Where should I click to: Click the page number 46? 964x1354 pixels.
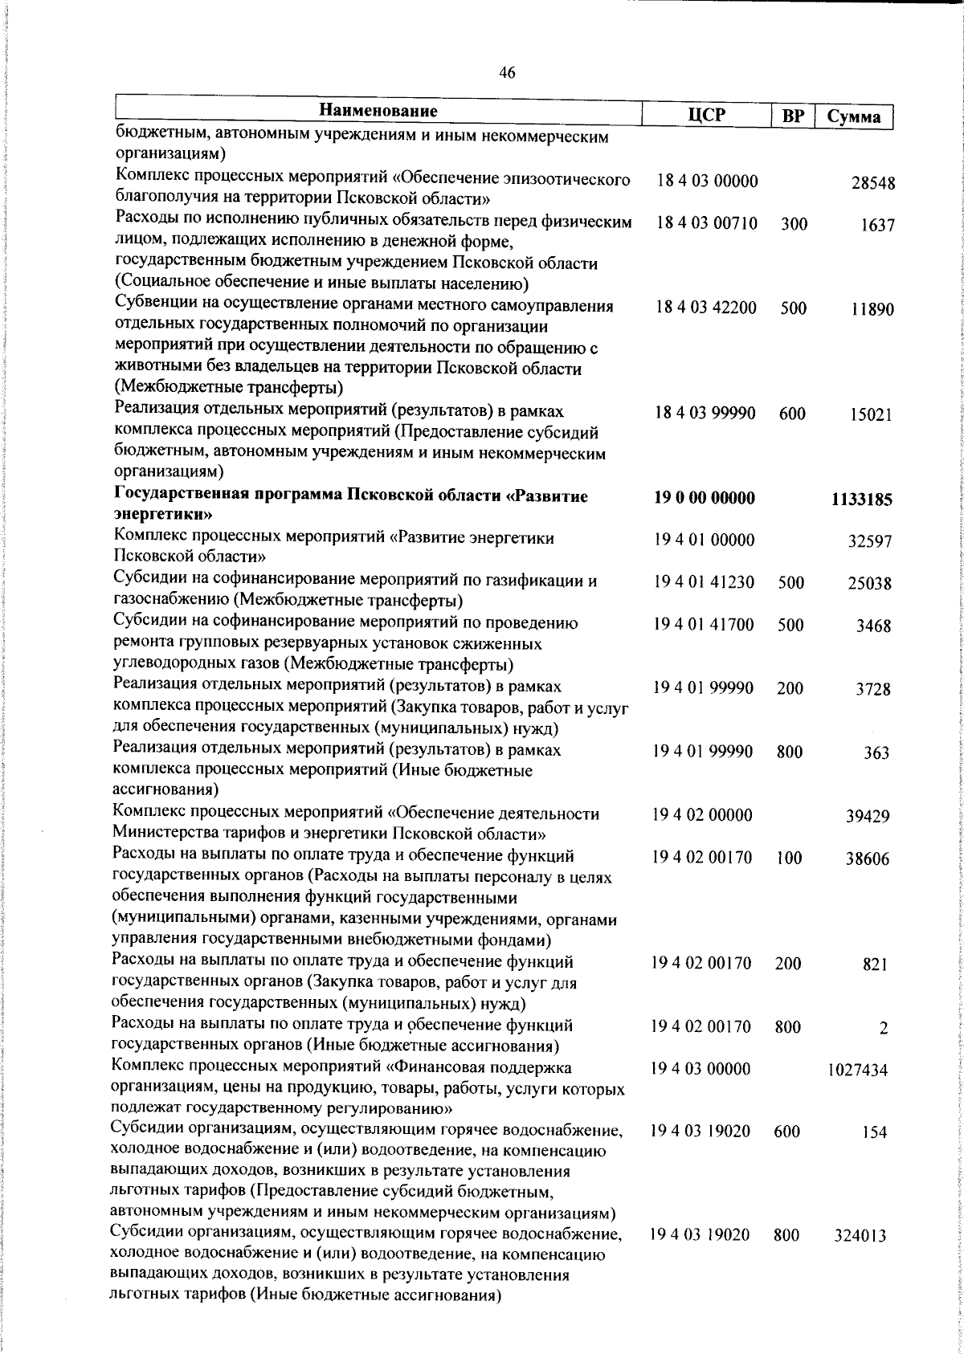(x=507, y=73)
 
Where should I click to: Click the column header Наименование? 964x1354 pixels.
(x=379, y=111)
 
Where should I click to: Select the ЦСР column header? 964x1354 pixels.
(x=707, y=115)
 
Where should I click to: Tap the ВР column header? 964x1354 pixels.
(x=793, y=116)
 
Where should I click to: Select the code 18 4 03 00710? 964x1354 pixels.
(x=706, y=223)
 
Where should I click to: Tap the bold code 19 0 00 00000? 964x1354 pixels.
(x=705, y=499)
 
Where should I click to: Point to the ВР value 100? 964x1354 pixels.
(x=790, y=858)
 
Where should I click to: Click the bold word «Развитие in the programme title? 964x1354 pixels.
(x=551, y=496)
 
